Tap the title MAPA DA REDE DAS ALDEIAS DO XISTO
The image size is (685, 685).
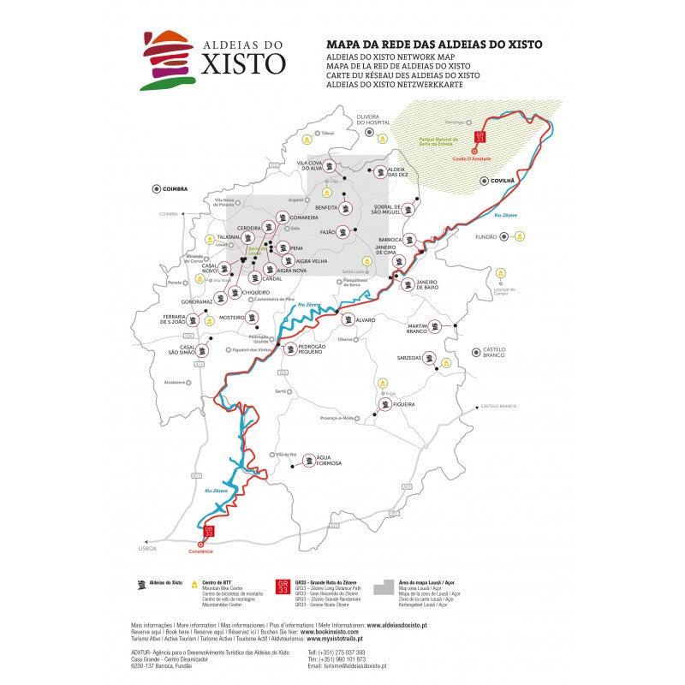434,44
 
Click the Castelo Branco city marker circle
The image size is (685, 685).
474,351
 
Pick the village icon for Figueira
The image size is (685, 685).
383,404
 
